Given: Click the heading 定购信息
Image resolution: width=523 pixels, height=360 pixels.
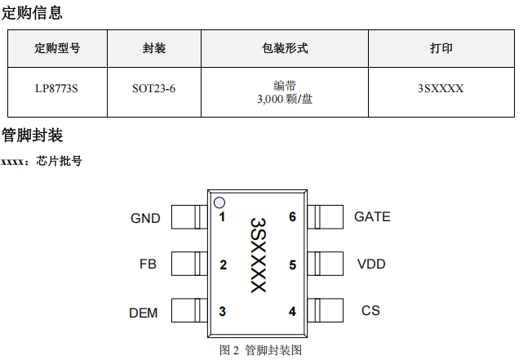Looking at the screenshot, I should click(32, 13).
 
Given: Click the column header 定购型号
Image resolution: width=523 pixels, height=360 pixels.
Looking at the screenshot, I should click(57, 49).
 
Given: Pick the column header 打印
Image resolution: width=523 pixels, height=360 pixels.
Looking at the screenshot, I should click(441, 49).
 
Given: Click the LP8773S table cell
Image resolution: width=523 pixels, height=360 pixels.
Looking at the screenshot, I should click(57, 88).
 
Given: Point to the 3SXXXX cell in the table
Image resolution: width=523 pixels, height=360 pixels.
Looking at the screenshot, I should click(441, 88).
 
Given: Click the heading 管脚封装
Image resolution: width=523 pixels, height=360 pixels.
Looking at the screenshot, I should click(32, 135).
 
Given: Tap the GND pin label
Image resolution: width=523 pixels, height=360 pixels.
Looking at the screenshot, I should click(145, 218).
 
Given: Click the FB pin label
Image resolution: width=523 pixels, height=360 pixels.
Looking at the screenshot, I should click(148, 264).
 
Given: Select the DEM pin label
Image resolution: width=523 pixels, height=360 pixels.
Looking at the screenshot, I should click(144, 313).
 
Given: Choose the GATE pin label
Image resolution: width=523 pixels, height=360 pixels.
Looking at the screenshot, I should click(372, 216).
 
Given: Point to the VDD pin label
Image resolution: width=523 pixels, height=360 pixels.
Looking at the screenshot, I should click(371, 264).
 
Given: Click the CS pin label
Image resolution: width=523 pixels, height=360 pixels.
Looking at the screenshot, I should click(370, 310).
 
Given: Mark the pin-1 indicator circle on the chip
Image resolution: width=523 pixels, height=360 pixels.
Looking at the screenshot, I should click(219, 202).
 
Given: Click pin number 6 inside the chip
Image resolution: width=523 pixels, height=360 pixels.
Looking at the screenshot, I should click(292, 217).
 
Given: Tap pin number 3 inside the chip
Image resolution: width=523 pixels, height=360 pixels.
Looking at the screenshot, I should click(223, 311).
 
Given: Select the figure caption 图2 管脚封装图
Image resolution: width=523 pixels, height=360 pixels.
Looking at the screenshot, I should click(261, 350).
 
